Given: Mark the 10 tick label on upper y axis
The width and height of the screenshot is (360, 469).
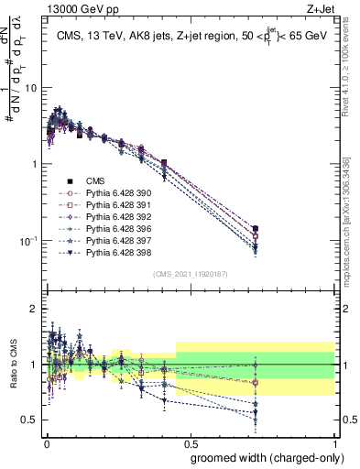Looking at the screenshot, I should pyautogui.click(x=31, y=88).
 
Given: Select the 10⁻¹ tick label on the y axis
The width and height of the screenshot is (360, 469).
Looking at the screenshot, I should pyautogui.click(x=27, y=240).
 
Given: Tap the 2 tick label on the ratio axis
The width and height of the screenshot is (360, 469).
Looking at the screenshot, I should pyautogui.click(x=34, y=309).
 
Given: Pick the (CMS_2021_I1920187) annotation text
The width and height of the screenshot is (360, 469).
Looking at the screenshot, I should pyautogui.click(x=190, y=274).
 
